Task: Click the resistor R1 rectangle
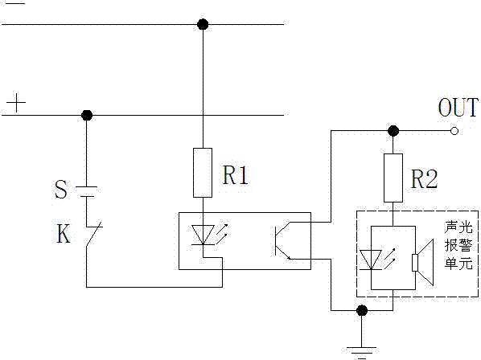(203, 173)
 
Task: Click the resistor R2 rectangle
(393, 178)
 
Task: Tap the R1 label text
(235, 175)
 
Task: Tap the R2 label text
(424, 179)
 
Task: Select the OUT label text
(458, 107)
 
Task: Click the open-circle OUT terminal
(454, 131)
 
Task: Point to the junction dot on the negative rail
(203, 24)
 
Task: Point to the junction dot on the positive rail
(87, 115)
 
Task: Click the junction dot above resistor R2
(393, 131)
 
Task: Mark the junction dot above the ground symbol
(362, 310)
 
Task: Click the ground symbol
(362, 352)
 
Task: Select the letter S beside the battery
(61, 190)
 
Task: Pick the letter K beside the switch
(64, 234)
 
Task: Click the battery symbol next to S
(87, 191)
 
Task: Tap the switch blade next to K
(94, 234)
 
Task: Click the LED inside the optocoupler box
(203, 235)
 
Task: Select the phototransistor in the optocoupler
(282, 240)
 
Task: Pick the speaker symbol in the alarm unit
(423, 263)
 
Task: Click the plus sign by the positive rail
(16, 103)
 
